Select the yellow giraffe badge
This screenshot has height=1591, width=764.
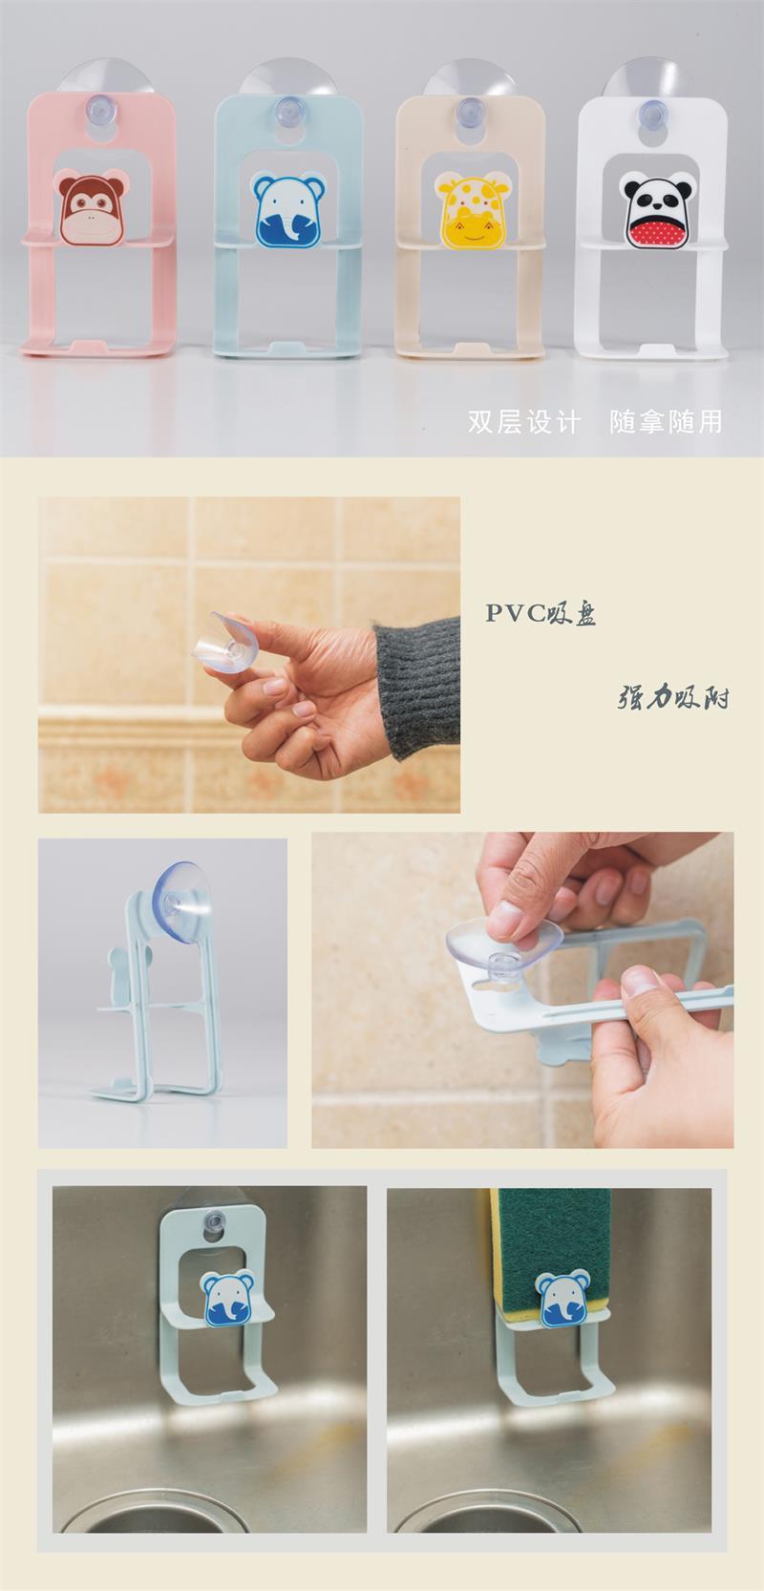pyautogui.click(x=467, y=209)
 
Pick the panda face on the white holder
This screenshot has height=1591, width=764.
pyautogui.click(x=657, y=209)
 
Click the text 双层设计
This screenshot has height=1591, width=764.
pyautogui.click(x=524, y=422)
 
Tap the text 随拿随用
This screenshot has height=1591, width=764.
pyautogui.click(x=666, y=422)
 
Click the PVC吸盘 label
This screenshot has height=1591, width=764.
pyautogui.click(x=541, y=613)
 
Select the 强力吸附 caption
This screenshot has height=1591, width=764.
pyautogui.click(x=672, y=697)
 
